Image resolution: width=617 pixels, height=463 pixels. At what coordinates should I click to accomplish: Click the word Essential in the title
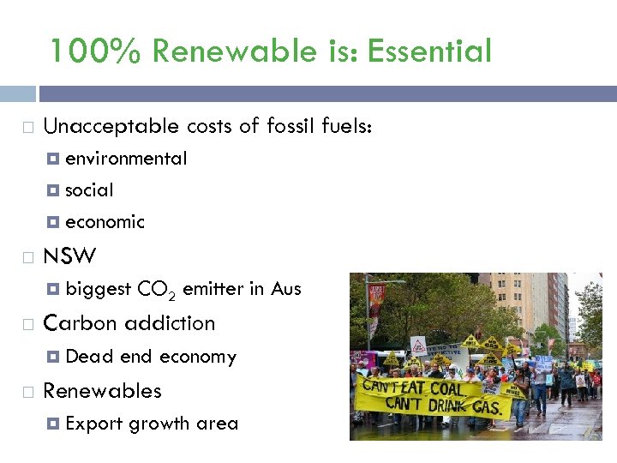point(429,51)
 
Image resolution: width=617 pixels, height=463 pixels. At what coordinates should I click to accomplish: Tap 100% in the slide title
point(94,51)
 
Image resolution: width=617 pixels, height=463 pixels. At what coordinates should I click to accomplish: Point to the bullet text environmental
point(126,159)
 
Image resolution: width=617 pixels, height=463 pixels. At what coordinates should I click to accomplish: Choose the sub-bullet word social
point(89,190)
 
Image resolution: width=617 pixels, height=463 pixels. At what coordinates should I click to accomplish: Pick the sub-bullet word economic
point(105,222)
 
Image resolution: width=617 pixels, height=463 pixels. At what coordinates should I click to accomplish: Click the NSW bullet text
point(69,256)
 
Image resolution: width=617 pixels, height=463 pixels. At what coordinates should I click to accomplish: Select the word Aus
point(286,289)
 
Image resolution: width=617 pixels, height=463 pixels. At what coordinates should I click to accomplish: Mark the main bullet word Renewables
point(102,391)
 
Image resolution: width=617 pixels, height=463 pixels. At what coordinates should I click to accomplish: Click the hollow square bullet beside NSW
point(27,257)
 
